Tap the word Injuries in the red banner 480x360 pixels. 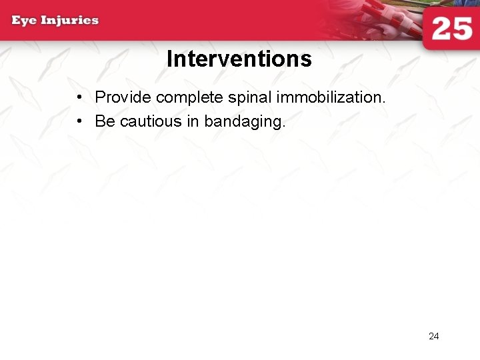tap(69, 20)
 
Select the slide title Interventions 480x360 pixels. tap(239, 59)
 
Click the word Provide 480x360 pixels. tap(123, 97)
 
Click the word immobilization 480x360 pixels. tap(329, 97)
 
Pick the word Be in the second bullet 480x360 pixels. tap(105, 121)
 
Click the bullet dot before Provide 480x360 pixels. tap(79, 98)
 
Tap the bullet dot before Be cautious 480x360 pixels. tap(79, 122)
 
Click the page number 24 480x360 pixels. tap(433, 336)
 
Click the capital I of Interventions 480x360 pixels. tap(169, 59)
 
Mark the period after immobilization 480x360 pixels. tap(383, 103)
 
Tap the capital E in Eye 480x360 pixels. tap(16, 20)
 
